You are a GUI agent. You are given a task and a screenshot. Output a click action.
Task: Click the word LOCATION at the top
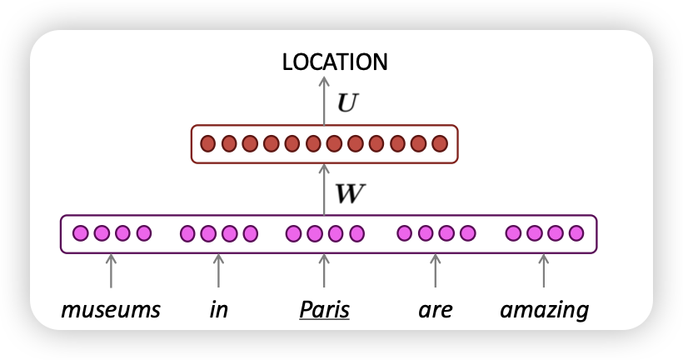tap(335, 62)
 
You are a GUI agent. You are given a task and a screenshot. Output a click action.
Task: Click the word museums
tap(111, 311)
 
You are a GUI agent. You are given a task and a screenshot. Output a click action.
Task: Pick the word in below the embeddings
tap(218, 311)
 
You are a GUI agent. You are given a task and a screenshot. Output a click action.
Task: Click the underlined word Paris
tap(324, 311)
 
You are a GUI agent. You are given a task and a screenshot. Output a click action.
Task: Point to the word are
tap(435, 311)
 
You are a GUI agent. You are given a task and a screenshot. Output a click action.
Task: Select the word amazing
tap(544, 311)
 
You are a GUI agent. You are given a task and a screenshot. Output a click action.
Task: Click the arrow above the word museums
tap(111, 272)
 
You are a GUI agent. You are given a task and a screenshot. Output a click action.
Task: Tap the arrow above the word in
tap(218, 272)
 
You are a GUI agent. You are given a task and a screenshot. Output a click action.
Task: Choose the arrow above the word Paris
tap(324, 272)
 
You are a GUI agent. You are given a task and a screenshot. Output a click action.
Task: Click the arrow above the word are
tap(434, 272)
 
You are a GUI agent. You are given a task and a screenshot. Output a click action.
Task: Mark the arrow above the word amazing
tap(544, 272)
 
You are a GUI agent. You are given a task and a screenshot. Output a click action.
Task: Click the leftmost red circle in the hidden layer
tap(207, 143)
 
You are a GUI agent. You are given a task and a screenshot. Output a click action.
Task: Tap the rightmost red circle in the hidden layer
tap(441, 143)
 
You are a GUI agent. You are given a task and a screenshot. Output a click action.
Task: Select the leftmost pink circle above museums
tap(81, 233)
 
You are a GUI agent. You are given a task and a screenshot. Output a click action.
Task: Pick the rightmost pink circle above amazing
tap(576, 233)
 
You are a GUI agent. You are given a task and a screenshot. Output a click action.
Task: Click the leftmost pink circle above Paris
tap(293, 233)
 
